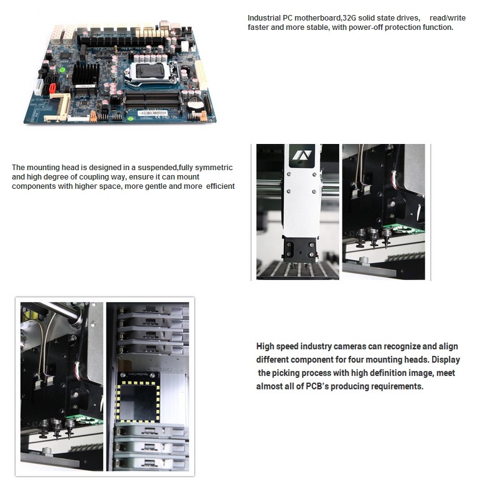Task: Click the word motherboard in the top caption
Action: pos(318,17)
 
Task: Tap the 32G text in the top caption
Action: pos(349,17)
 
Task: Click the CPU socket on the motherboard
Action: pos(151,73)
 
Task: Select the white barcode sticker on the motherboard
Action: pos(153,113)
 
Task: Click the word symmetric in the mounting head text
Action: pos(214,168)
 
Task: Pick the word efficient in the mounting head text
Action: pos(220,186)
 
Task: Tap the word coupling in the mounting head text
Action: pos(93,177)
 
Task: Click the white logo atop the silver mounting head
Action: pos(302,155)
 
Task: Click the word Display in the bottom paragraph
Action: pos(446,360)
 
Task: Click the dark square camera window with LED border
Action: pos(139,402)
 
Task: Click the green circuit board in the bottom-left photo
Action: pos(85,419)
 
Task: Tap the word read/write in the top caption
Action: pos(447,17)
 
